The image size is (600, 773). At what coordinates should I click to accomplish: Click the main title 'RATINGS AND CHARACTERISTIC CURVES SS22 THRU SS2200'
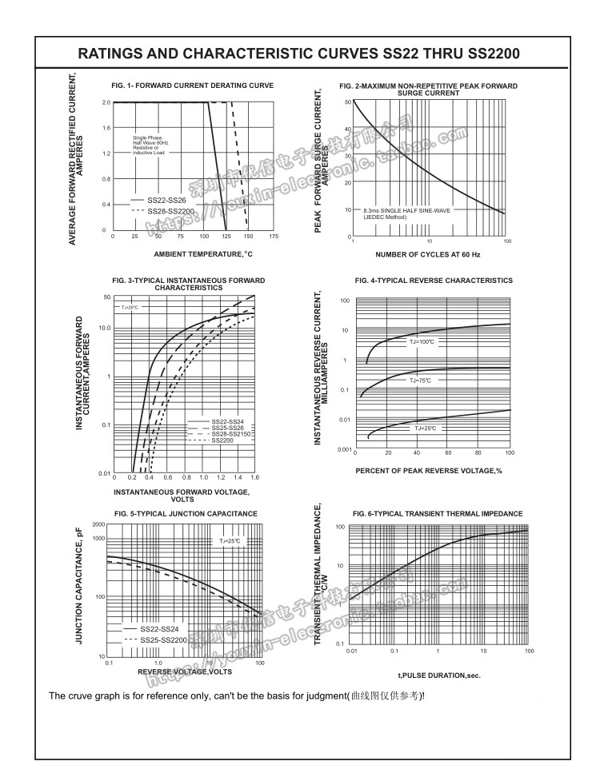(x=299, y=54)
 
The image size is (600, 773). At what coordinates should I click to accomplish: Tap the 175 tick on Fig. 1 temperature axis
(x=274, y=237)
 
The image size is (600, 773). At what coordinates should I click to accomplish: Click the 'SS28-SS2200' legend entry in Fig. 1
(x=170, y=210)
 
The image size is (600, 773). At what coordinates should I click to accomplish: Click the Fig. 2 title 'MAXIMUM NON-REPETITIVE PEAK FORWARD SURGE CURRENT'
(x=428, y=89)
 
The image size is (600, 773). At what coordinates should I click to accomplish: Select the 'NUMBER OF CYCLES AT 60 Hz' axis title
(x=428, y=254)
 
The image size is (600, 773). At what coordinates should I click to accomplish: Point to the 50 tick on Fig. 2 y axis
(x=347, y=102)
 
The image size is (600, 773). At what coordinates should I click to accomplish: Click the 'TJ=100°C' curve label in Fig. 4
(x=421, y=341)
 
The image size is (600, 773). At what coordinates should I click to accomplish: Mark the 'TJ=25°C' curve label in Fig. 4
(x=424, y=428)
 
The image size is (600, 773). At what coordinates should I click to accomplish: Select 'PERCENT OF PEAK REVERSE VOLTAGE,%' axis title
(x=429, y=471)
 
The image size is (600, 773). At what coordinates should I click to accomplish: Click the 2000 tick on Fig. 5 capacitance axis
(x=98, y=524)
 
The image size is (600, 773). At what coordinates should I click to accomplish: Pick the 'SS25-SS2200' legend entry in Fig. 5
(x=163, y=640)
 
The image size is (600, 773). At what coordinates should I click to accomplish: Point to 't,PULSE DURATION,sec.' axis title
(x=440, y=675)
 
